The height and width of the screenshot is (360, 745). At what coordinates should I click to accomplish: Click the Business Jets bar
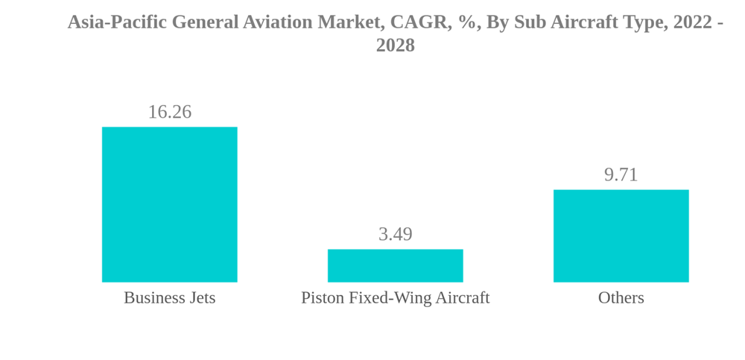pos(169,204)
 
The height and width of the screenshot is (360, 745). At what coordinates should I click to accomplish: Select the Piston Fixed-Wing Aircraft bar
pos(395,265)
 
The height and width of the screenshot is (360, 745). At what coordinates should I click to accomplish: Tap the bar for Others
pos(621,236)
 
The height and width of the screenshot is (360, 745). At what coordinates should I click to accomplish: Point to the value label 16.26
pos(169,112)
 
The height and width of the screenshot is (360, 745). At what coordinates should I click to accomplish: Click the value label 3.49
pos(395,234)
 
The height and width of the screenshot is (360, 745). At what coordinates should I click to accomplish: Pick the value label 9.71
pos(621,174)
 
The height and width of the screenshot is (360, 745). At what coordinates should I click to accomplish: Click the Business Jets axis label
pos(169,297)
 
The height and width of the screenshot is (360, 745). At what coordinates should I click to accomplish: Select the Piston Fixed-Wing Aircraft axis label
pos(395,297)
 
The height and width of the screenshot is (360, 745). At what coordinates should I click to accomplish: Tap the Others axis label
pos(621,297)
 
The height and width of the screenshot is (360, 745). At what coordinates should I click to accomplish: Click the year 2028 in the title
pos(395,45)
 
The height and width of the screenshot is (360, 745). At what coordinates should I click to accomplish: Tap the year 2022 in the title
pos(692,22)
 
